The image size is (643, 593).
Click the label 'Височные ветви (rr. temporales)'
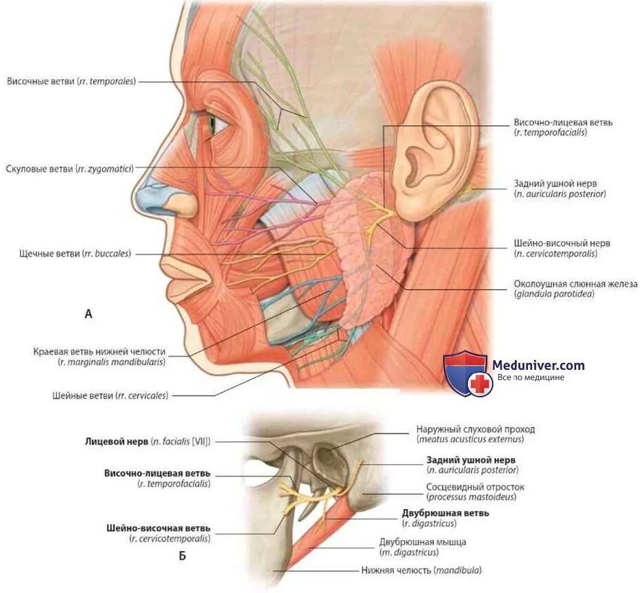[x=71, y=81]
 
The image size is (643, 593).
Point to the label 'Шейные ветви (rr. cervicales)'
[x=110, y=395]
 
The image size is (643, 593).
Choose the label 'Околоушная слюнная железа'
[x=575, y=284]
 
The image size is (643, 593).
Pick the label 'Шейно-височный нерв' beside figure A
[x=562, y=243]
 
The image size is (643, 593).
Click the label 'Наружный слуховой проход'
[x=476, y=429]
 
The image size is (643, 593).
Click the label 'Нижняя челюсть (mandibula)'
[x=421, y=570]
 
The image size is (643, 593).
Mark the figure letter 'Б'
[x=183, y=556]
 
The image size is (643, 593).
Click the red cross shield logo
[x=467, y=373]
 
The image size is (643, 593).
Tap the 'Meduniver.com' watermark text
[x=538, y=365]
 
